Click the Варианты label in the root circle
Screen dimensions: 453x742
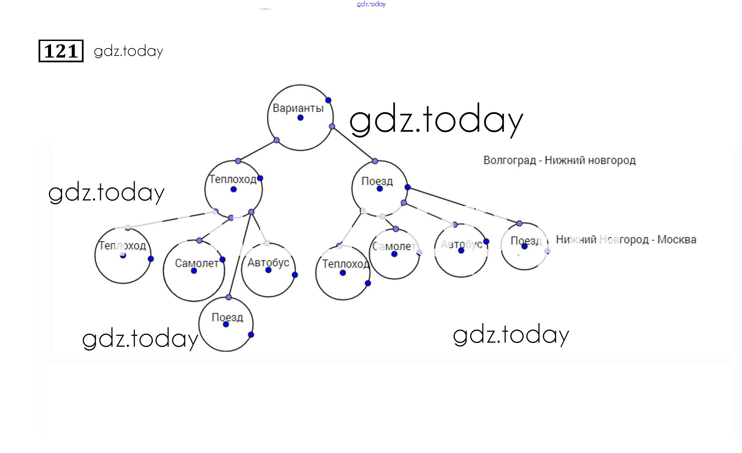point(298,108)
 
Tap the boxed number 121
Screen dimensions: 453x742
point(61,51)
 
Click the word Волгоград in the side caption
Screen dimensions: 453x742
point(509,160)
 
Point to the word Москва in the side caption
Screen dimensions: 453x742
point(676,240)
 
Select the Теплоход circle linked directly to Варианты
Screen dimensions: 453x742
point(233,189)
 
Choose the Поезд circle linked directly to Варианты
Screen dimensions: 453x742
point(379,189)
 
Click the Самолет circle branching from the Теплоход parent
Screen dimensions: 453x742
point(194,271)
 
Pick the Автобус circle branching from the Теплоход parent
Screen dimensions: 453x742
point(268,270)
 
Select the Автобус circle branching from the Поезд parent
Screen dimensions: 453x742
point(461,251)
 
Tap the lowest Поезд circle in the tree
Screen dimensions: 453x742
point(226,324)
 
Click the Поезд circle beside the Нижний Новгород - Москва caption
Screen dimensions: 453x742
point(524,246)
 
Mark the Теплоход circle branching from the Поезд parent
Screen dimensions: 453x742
point(343,273)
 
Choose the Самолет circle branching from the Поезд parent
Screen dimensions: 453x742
point(394,254)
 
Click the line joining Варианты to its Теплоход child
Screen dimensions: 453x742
point(257,151)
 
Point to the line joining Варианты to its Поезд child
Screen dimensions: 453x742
point(354,144)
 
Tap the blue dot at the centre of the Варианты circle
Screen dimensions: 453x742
point(300,118)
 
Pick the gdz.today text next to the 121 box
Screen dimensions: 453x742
point(129,51)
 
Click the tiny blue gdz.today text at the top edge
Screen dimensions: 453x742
point(371,4)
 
